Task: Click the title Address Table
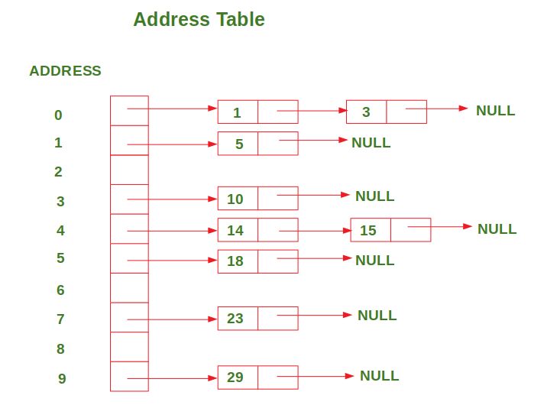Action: tap(199, 19)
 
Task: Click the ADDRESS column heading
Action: tap(65, 71)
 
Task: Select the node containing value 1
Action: tap(257, 112)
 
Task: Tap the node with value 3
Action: tap(386, 112)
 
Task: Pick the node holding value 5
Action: tap(257, 143)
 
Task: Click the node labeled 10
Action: tap(257, 199)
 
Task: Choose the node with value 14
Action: tap(257, 230)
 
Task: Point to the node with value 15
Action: tap(390, 230)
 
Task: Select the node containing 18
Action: tap(257, 261)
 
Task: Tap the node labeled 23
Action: tap(257, 319)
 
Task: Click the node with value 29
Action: tap(257, 377)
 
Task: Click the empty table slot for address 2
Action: tap(129, 170)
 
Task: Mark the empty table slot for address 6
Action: tap(129, 288)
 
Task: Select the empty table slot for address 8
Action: tap(129, 347)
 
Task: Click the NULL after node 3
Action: tap(495, 111)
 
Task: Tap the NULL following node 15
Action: tap(497, 229)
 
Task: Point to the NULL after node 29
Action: tap(379, 376)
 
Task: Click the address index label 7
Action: tap(60, 319)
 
